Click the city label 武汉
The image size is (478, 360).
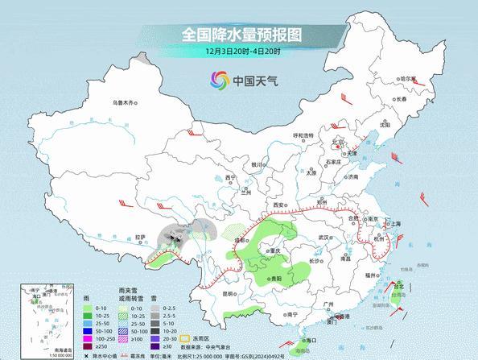(323, 238)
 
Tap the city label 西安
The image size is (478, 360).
(279, 206)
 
